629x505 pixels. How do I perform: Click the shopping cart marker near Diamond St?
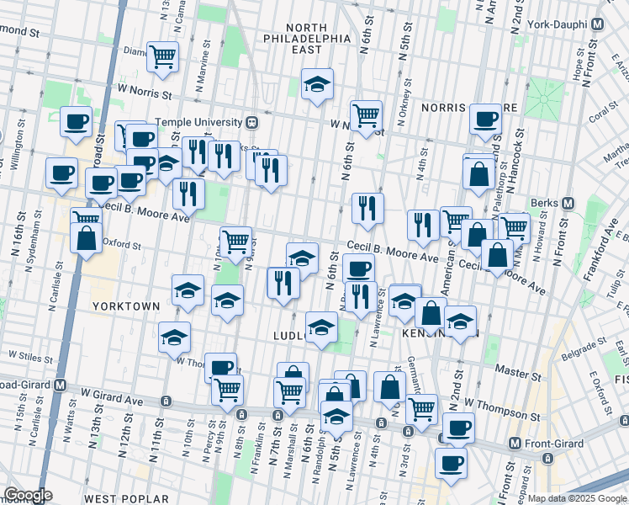pyautogui.click(x=162, y=56)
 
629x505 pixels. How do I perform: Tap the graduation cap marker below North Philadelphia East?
pyautogui.click(x=316, y=84)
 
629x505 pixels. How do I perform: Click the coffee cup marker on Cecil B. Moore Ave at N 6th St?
pyautogui.click(x=358, y=268)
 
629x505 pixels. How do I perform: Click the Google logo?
pyautogui.click(x=28, y=495)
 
